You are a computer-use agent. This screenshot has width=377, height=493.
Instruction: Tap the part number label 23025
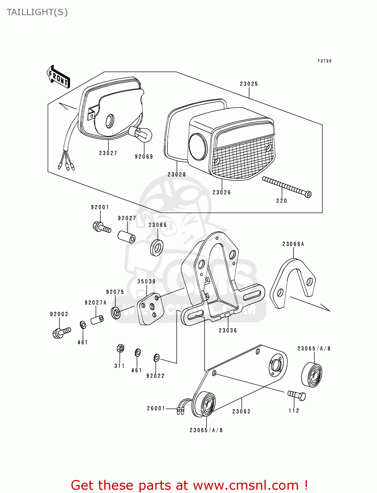pos(249,84)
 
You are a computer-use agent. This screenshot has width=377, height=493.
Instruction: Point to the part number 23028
pos(177,175)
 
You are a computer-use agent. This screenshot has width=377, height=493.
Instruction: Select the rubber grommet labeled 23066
pos(157,247)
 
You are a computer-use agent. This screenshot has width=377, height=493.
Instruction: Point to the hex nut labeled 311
pos(120,348)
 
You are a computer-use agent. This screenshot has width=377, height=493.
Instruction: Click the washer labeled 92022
pos(157,358)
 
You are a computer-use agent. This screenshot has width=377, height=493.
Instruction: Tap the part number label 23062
pos(241,411)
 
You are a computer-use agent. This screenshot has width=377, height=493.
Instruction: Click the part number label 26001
pos(156,408)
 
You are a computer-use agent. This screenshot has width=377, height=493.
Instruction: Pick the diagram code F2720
pos(324,61)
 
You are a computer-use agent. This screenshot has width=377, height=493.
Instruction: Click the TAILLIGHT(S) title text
pos(37,12)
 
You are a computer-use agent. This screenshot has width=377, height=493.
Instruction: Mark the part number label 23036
pos(228,330)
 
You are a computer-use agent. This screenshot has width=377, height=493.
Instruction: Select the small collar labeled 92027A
pos(97,319)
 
